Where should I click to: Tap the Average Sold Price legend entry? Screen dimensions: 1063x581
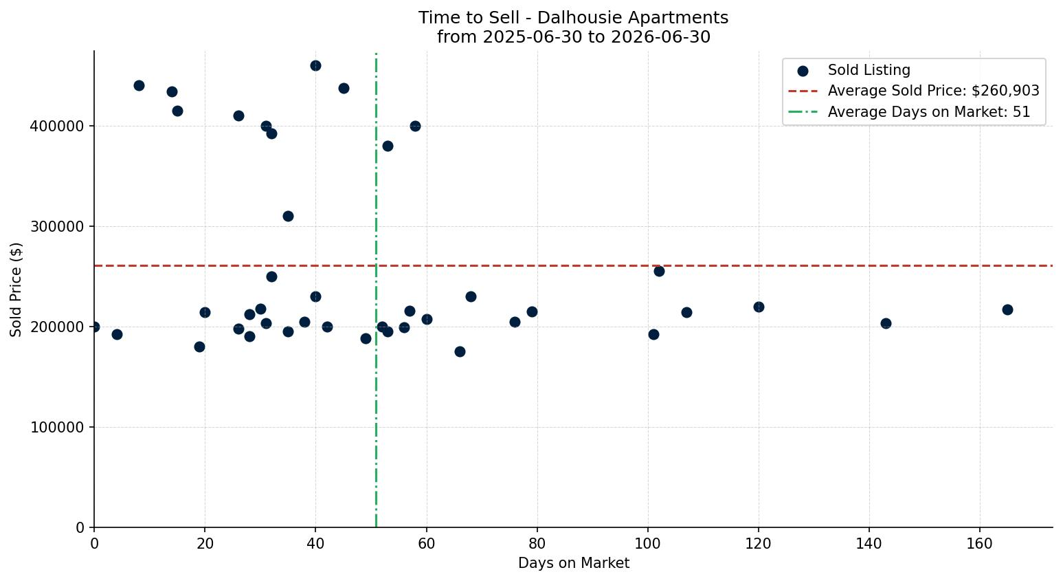914,91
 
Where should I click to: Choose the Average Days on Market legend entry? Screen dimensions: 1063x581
909,112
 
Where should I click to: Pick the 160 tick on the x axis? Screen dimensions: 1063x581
980,543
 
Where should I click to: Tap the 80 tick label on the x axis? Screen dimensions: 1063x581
537,543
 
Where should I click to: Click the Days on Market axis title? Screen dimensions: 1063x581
573,563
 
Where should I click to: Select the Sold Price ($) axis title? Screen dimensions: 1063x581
16,289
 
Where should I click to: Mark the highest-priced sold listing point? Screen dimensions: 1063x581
315,65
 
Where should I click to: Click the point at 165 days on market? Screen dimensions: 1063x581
1007,309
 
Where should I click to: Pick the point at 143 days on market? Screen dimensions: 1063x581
886,323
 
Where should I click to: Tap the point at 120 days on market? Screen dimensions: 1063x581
759,307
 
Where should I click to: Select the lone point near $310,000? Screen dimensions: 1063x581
288,216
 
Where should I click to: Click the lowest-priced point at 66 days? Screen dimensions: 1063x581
460,352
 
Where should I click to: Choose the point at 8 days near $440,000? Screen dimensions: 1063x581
139,85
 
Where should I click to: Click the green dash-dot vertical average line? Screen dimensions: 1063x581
377,289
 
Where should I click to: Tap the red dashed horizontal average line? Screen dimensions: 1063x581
573,265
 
